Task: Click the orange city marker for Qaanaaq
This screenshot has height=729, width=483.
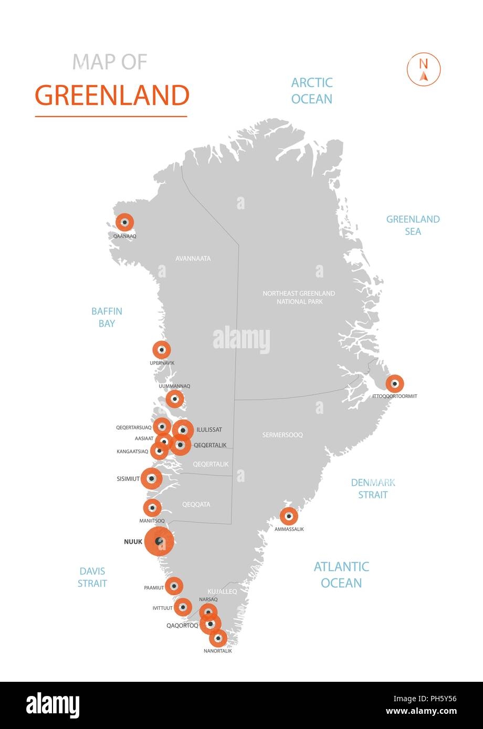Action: (x=124, y=222)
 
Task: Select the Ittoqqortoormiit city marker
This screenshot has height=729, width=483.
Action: (x=395, y=383)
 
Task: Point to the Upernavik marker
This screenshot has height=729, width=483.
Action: (x=162, y=350)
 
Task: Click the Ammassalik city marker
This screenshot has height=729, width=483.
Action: (x=289, y=517)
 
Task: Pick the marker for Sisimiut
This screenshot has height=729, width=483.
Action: (x=152, y=478)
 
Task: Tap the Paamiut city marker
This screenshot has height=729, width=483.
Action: (x=174, y=586)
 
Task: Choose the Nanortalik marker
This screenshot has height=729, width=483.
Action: (x=218, y=638)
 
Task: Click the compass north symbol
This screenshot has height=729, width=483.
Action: (x=424, y=69)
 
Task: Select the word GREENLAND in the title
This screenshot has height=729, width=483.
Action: (x=112, y=95)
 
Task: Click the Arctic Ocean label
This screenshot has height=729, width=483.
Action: (x=312, y=91)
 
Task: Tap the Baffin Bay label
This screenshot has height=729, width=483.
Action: (x=107, y=317)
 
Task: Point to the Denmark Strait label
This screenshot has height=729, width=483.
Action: (x=373, y=488)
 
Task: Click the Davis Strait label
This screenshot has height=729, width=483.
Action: (x=92, y=577)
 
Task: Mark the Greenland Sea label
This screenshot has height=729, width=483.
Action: (x=413, y=225)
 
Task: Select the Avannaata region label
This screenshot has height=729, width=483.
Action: (x=193, y=259)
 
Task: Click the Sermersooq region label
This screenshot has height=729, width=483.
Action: (x=282, y=435)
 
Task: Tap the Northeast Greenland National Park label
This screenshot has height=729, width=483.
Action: (x=299, y=297)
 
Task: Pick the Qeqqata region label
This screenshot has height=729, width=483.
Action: (x=196, y=505)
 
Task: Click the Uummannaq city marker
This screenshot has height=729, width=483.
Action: (x=174, y=399)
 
